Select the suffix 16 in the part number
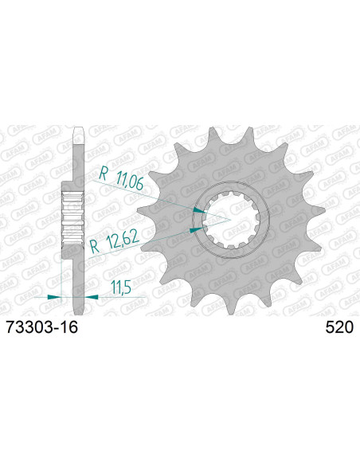69,327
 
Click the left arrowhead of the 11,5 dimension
55,296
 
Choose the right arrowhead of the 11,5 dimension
92,296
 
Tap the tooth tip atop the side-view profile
74,131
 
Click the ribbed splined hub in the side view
73,214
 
